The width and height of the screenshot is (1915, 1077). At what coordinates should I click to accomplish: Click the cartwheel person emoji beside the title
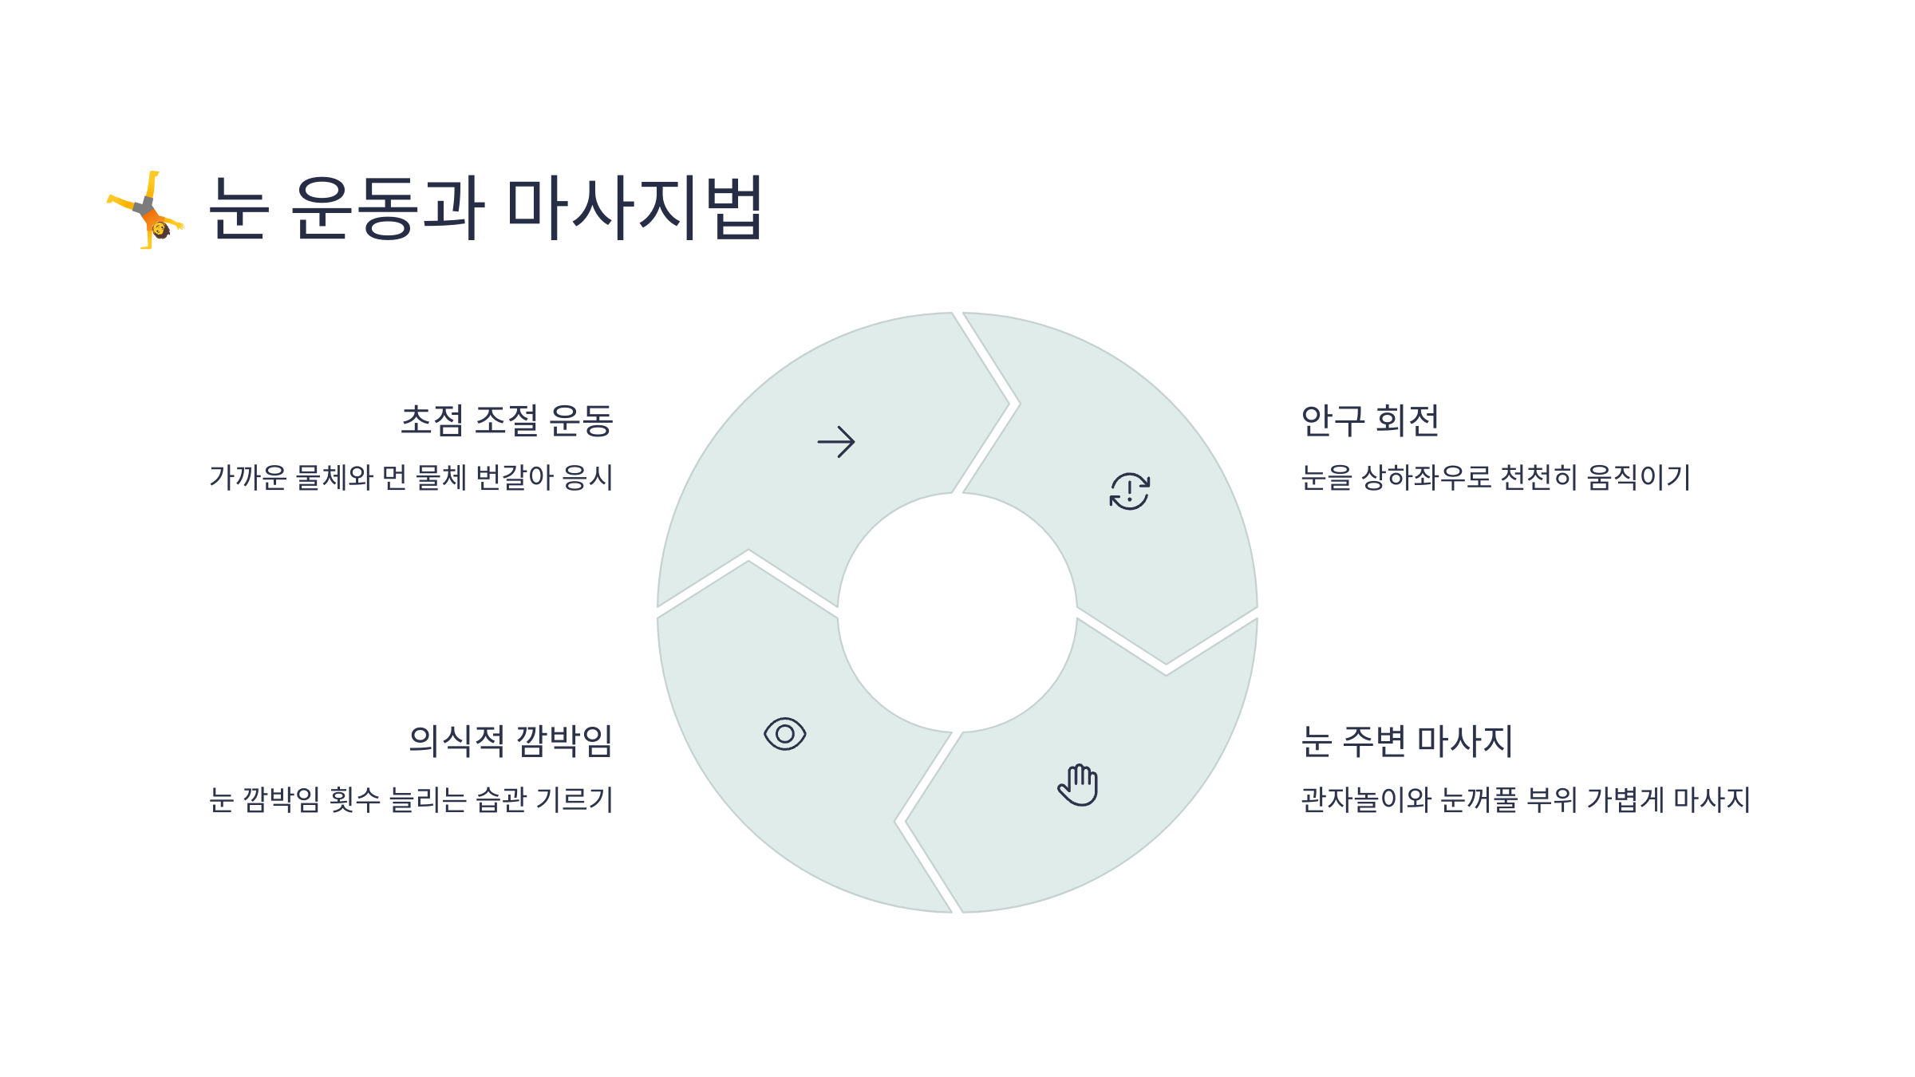tap(146, 210)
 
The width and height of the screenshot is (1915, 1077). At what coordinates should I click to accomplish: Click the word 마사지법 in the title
tap(635, 207)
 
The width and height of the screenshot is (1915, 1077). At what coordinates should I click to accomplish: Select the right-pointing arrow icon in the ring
tap(836, 442)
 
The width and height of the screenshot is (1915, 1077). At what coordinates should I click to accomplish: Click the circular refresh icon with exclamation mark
tap(1130, 491)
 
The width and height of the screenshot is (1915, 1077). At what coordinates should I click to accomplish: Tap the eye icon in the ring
tap(784, 734)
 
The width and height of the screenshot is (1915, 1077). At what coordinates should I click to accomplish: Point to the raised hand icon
tap(1079, 785)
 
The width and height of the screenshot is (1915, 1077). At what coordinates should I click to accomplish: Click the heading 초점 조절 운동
tap(507, 420)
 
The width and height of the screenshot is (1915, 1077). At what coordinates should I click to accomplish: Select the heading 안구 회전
tap(1369, 420)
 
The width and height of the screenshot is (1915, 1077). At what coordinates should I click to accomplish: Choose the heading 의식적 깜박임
tap(511, 741)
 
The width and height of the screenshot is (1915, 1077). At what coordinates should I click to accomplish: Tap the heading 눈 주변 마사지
tap(1407, 741)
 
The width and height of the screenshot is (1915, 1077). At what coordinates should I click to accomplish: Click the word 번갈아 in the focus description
tap(515, 478)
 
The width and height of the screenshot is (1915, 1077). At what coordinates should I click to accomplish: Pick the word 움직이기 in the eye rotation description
tap(1638, 478)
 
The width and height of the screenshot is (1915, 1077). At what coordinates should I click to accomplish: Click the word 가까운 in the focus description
tap(248, 478)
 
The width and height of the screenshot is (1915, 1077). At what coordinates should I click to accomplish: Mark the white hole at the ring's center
tap(957, 613)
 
